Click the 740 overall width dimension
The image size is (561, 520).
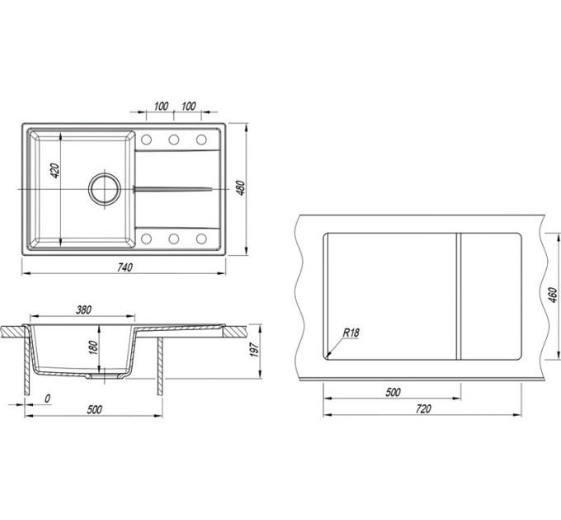click(125, 267)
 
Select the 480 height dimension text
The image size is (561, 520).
click(242, 188)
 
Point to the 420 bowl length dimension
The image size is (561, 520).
click(54, 171)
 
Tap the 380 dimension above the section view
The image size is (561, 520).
click(83, 310)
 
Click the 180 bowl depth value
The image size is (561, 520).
click(92, 347)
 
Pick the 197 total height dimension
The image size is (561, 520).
click(253, 349)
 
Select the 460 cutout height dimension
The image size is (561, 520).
click(553, 295)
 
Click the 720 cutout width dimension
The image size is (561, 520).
click(423, 409)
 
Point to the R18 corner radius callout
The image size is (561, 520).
click(351, 333)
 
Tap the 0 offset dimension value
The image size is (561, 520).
click(47, 399)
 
